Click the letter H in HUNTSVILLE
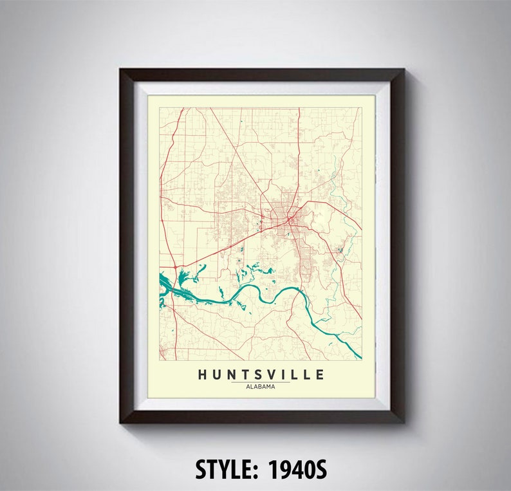[203, 375]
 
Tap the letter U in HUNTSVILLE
[218, 375]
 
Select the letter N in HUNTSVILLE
[233, 375]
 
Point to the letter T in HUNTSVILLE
[248, 375]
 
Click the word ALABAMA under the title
[261, 387]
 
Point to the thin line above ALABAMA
[261, 382]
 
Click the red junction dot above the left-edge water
[175, 266]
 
